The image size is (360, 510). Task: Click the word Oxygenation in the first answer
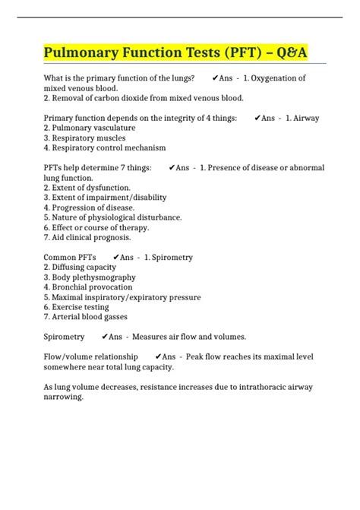pyautogui.click(x=277, y=78)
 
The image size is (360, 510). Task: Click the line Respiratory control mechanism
pyautogui.click(x=104, y=147)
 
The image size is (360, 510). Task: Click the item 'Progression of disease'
pyautogui.click(x=89, y=207)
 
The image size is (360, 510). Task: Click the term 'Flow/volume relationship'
pyautogui.click(x=91, y=356)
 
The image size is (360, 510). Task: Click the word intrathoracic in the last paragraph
pyautogui.click(x=252, y=386)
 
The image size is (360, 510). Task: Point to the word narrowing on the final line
pyautogui.click(x=65, y=396)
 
